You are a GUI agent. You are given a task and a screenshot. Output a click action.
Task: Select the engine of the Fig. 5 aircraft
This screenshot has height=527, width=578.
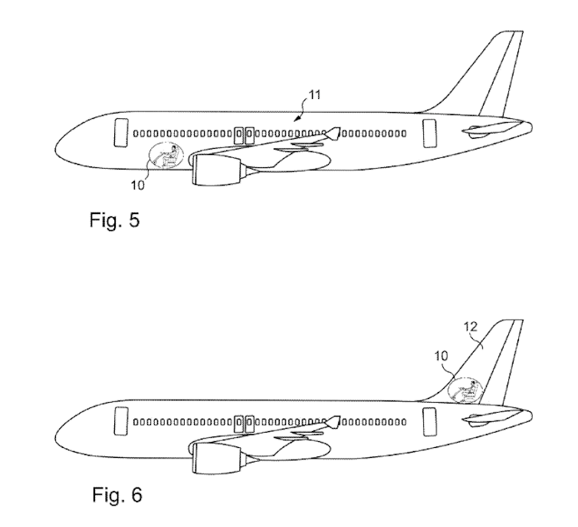point(215,168)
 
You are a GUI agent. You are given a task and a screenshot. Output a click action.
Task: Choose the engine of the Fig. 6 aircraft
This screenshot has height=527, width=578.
point(216,458)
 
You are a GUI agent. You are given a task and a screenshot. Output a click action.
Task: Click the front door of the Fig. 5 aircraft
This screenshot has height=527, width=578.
point(121,133)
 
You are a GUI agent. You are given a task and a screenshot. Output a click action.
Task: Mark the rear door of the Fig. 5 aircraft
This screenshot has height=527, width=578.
point(429,132)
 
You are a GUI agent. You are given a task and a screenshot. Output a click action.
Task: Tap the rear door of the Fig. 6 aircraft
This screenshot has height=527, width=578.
point(429,421)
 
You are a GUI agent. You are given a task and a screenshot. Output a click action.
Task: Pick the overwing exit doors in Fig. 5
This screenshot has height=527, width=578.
point(245,136)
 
